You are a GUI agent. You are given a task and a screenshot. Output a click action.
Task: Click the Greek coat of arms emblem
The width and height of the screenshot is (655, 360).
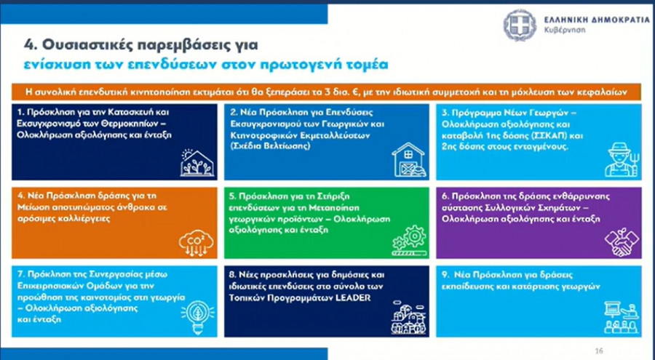click(x=520, y=25)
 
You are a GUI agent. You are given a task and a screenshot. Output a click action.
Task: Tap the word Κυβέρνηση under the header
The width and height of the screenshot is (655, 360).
click(x=564, y=30)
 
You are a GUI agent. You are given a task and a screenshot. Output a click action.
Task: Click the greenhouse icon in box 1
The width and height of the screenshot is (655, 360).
click(x=197, y=162)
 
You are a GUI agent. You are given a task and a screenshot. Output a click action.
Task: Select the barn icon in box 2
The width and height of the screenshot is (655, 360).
click(x=409, y=159)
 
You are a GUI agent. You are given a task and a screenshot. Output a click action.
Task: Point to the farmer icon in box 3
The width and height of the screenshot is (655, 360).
click(x=622, y=159)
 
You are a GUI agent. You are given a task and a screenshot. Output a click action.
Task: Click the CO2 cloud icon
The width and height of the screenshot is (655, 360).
click(x=196, y=243)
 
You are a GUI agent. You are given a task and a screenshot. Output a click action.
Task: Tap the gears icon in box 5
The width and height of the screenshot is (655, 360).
click(x=409, y=241)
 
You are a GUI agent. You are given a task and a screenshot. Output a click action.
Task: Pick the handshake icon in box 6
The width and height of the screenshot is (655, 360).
click(x=622, y=241)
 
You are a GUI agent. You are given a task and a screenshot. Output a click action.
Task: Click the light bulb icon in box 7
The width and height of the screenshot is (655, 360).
click(x=197, y=316)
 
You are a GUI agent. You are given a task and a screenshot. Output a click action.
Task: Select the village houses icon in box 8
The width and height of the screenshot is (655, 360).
click(x=408, y=318)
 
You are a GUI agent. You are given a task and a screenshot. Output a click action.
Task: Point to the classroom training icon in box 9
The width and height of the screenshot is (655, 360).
click(x=622, y=319)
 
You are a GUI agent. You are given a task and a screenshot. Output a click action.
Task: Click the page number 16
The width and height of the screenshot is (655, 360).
click(x=599, y=351)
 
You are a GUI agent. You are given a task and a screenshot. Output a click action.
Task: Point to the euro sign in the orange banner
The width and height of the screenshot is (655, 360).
click(x=357, y=92)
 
